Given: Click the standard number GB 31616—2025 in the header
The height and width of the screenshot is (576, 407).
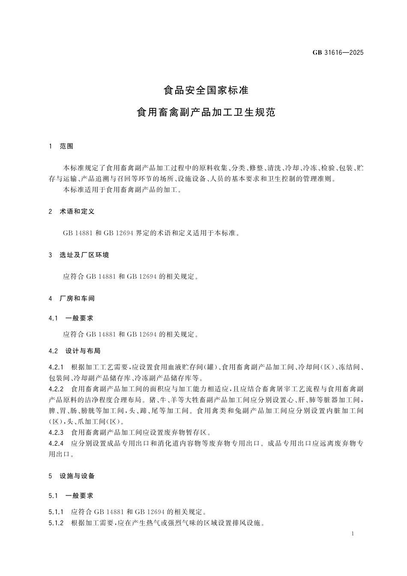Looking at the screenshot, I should [x=338, y=53].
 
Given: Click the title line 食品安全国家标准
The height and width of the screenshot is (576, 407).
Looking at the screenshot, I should [x=206, y=90].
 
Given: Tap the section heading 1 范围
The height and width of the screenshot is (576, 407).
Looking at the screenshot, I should [x=61, y=146].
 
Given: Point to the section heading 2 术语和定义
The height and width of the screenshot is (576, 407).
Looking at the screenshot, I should [x=72, y=211].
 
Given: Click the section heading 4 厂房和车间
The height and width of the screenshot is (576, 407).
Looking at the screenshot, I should [x=72, y=298].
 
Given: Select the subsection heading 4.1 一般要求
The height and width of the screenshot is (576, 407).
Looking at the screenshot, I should [x=71, y=318].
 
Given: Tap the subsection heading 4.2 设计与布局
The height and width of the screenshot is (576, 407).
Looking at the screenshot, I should [x=75, y=351].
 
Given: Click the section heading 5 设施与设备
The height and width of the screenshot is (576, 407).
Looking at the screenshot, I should [x=72, y=476].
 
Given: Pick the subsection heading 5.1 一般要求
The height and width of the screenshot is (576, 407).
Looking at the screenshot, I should [x=71, y=496].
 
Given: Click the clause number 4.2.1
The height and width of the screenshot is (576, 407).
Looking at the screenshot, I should [x=56, y=367].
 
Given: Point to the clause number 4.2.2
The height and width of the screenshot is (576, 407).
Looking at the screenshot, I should [x=56, y=389].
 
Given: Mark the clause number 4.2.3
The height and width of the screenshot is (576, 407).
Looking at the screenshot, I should [x=56, y=432].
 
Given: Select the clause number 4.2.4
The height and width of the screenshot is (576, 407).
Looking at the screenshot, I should [x=56, y=443].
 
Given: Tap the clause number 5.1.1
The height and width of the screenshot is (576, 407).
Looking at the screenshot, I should [x=56, y=512].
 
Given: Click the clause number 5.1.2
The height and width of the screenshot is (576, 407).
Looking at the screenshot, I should [x=56, y=523].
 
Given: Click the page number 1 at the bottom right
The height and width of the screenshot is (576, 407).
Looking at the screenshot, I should [x=352, y=534].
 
